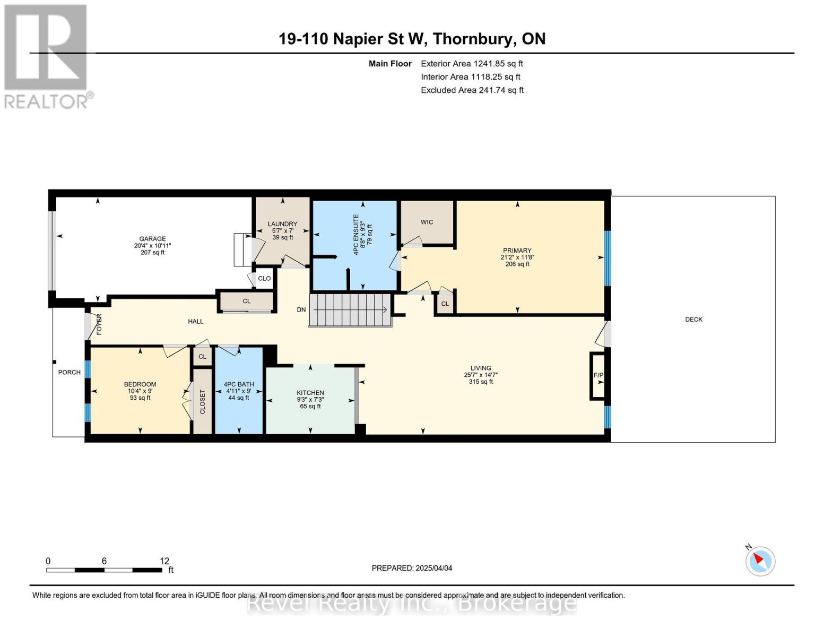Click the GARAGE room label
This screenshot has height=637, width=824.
click(152, 239)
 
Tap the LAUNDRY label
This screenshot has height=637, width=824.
click(282, 224)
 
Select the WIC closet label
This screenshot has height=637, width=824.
click(427, 222)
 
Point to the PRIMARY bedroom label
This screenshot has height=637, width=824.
click(517, 251)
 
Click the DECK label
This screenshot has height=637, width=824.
click(693, 320)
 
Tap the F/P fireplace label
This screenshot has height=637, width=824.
click(599, 375)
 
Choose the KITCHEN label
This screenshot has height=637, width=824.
click(310, 393)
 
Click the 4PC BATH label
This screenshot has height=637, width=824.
click(239, 384)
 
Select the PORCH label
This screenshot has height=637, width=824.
click(70, 372)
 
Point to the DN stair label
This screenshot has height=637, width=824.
click(301, 309)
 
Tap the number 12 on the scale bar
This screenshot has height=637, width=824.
click(164, 561)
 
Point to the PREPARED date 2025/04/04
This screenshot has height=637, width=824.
click(434, 568)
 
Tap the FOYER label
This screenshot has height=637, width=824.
click(99, 324)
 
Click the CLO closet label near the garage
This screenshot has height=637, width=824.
click(264, 278)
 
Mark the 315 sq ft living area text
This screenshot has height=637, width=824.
click(481, 382)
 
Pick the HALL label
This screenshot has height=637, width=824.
click(196, 321)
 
